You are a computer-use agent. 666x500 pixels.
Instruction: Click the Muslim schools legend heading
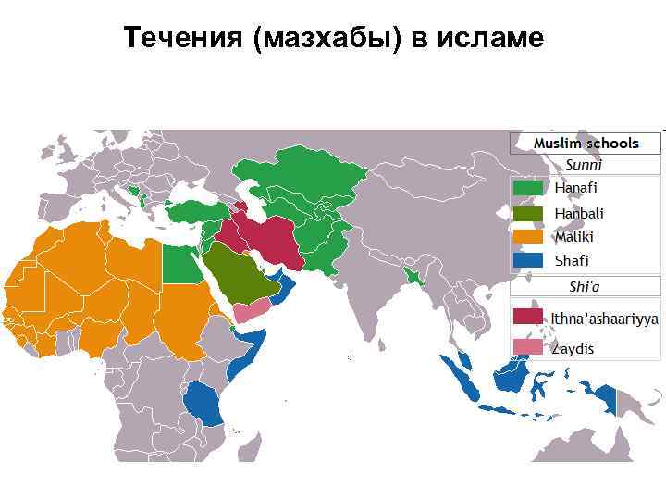(x=586, y=144)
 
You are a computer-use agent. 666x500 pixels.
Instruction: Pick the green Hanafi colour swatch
(x=528, y=188)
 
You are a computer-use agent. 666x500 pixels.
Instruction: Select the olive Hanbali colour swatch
(x=528, y=213)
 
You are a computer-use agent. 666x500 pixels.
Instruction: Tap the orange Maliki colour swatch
(x=528, y=237)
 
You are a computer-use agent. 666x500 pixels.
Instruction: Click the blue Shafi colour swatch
(x=528, y=261)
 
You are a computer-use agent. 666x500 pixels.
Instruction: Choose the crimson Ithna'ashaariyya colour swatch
(x=528, y=317)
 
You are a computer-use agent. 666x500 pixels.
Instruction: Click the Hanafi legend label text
(x=576, y=188)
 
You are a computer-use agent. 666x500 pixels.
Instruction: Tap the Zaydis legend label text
(x=573, y=349)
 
